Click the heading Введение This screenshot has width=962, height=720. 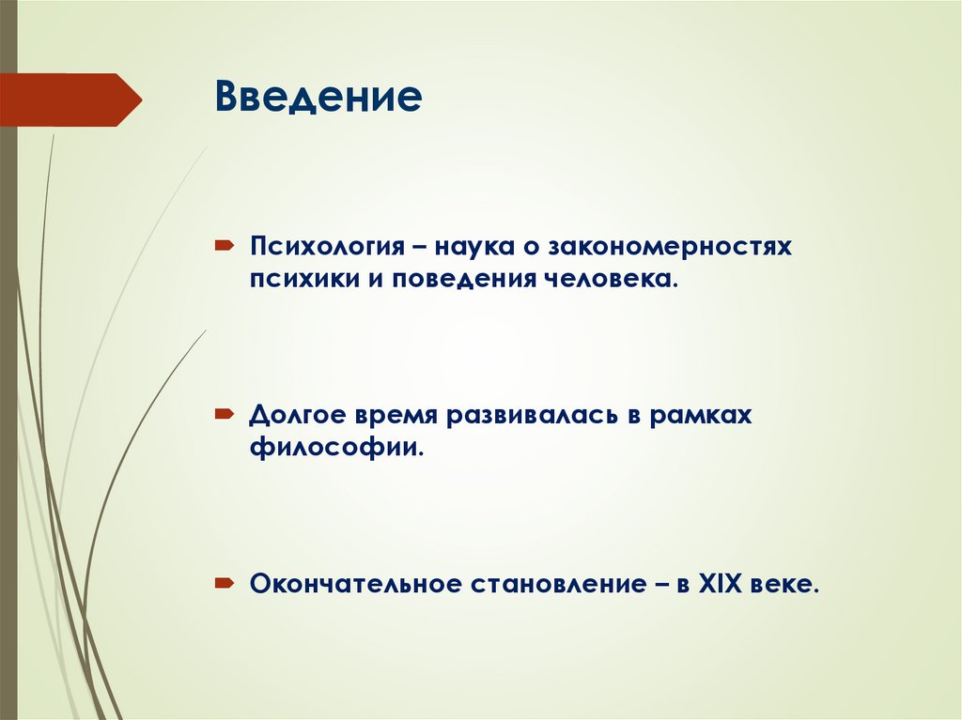pos(318,97)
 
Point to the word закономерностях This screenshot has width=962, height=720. pos(669,248)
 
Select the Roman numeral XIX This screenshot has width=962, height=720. pos(720,584)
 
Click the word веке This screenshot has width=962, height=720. pos(788,584)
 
